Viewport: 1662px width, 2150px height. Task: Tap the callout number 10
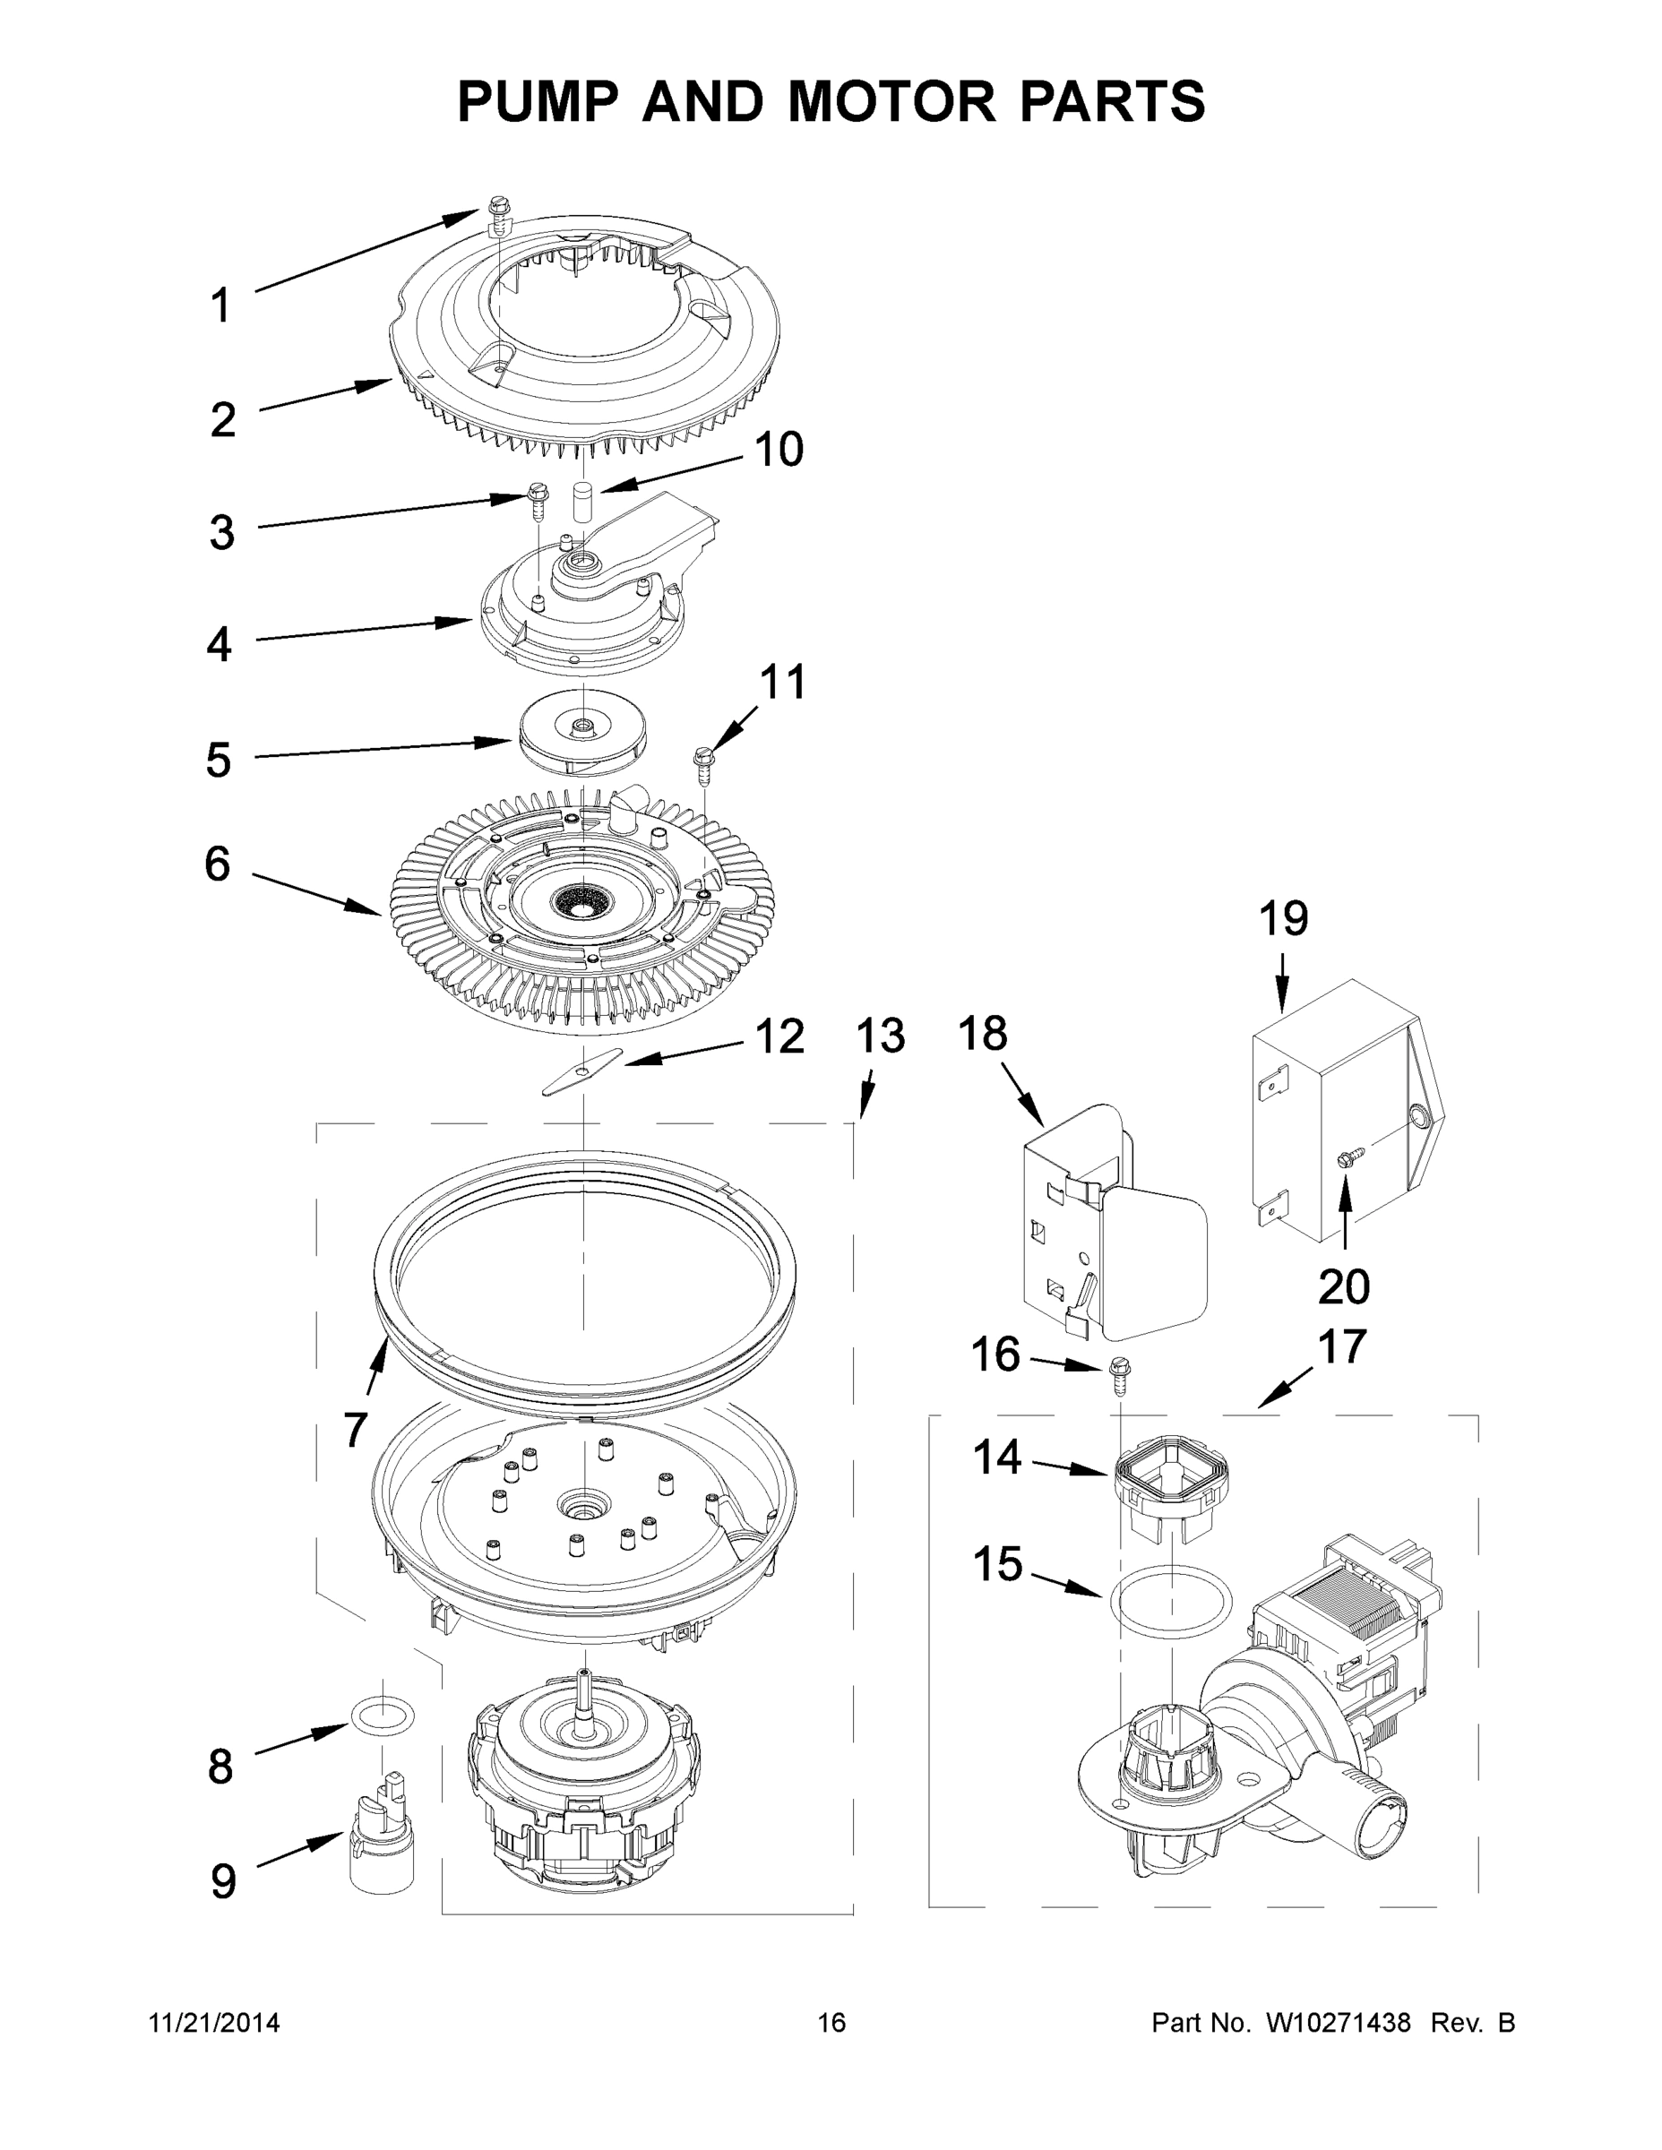click(778, 450)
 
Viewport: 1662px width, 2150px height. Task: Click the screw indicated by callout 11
click(703, 763)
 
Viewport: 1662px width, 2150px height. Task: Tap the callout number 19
click(1283, 918)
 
